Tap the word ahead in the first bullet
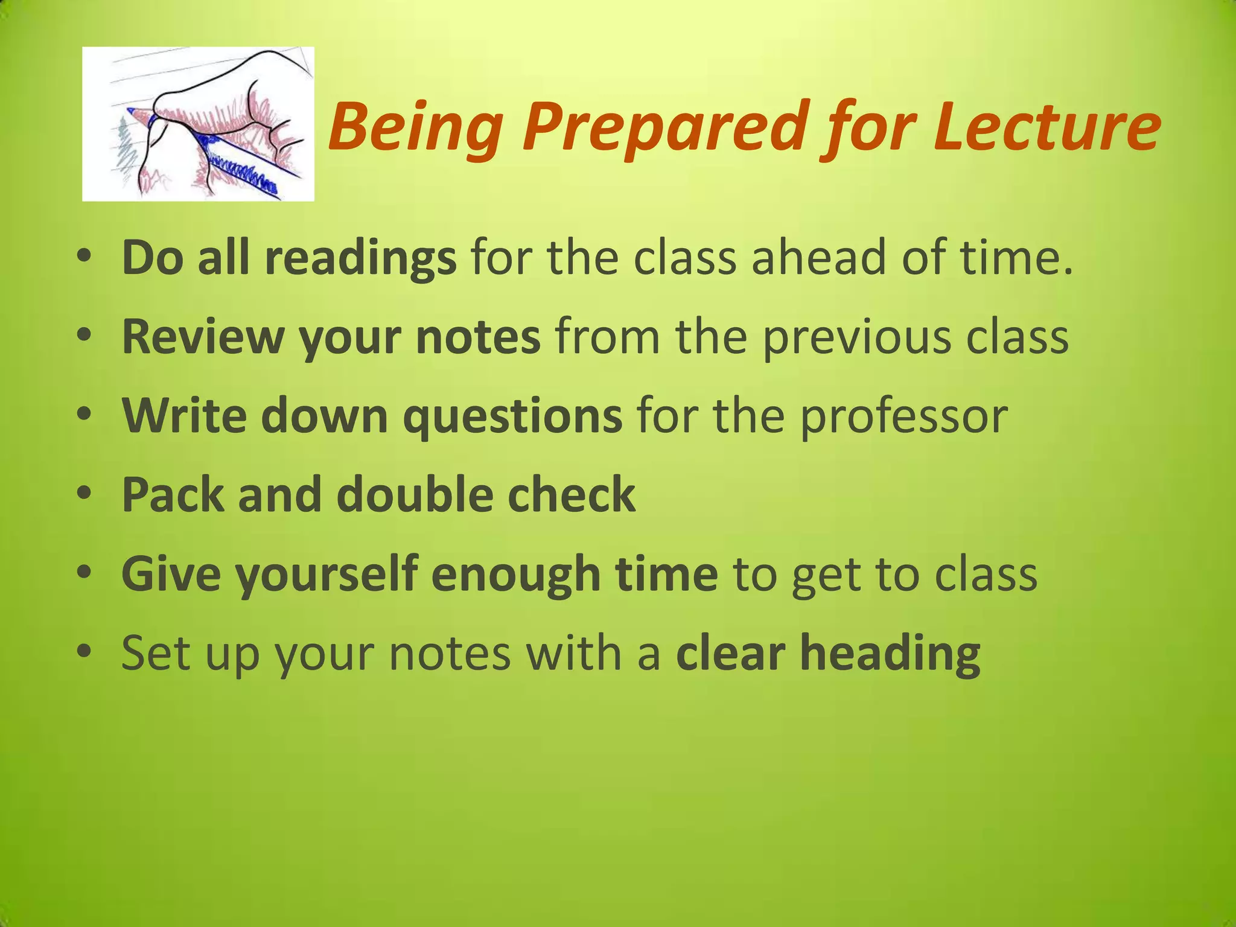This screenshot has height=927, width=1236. (818, 258)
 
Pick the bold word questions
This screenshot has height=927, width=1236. (512, 416)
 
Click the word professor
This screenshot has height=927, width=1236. (903, 418)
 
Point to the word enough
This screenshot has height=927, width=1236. (516, 575)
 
